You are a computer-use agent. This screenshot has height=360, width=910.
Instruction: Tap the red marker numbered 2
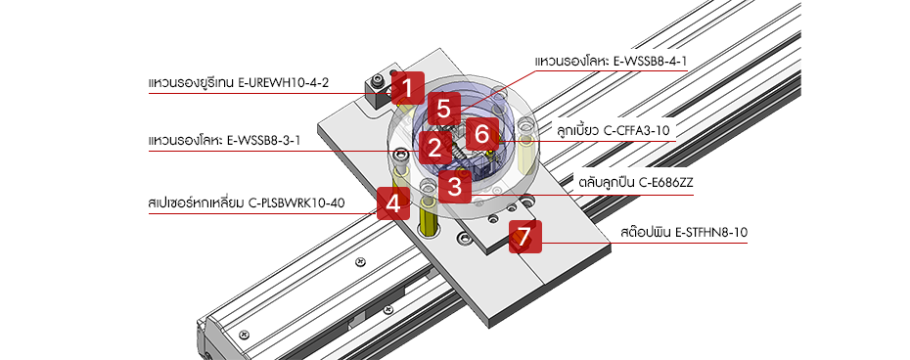[x=432, y=149]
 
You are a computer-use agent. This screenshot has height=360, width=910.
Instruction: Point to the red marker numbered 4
[x=392, y=203]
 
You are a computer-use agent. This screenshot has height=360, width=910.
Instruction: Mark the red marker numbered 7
[x=525, y=236]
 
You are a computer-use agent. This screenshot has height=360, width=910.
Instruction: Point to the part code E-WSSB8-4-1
[x=650, y=63]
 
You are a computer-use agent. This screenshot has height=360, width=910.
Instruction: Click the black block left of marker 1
[x=375, y=92]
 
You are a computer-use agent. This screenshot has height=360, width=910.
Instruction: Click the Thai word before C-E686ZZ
[x=606, y=183]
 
